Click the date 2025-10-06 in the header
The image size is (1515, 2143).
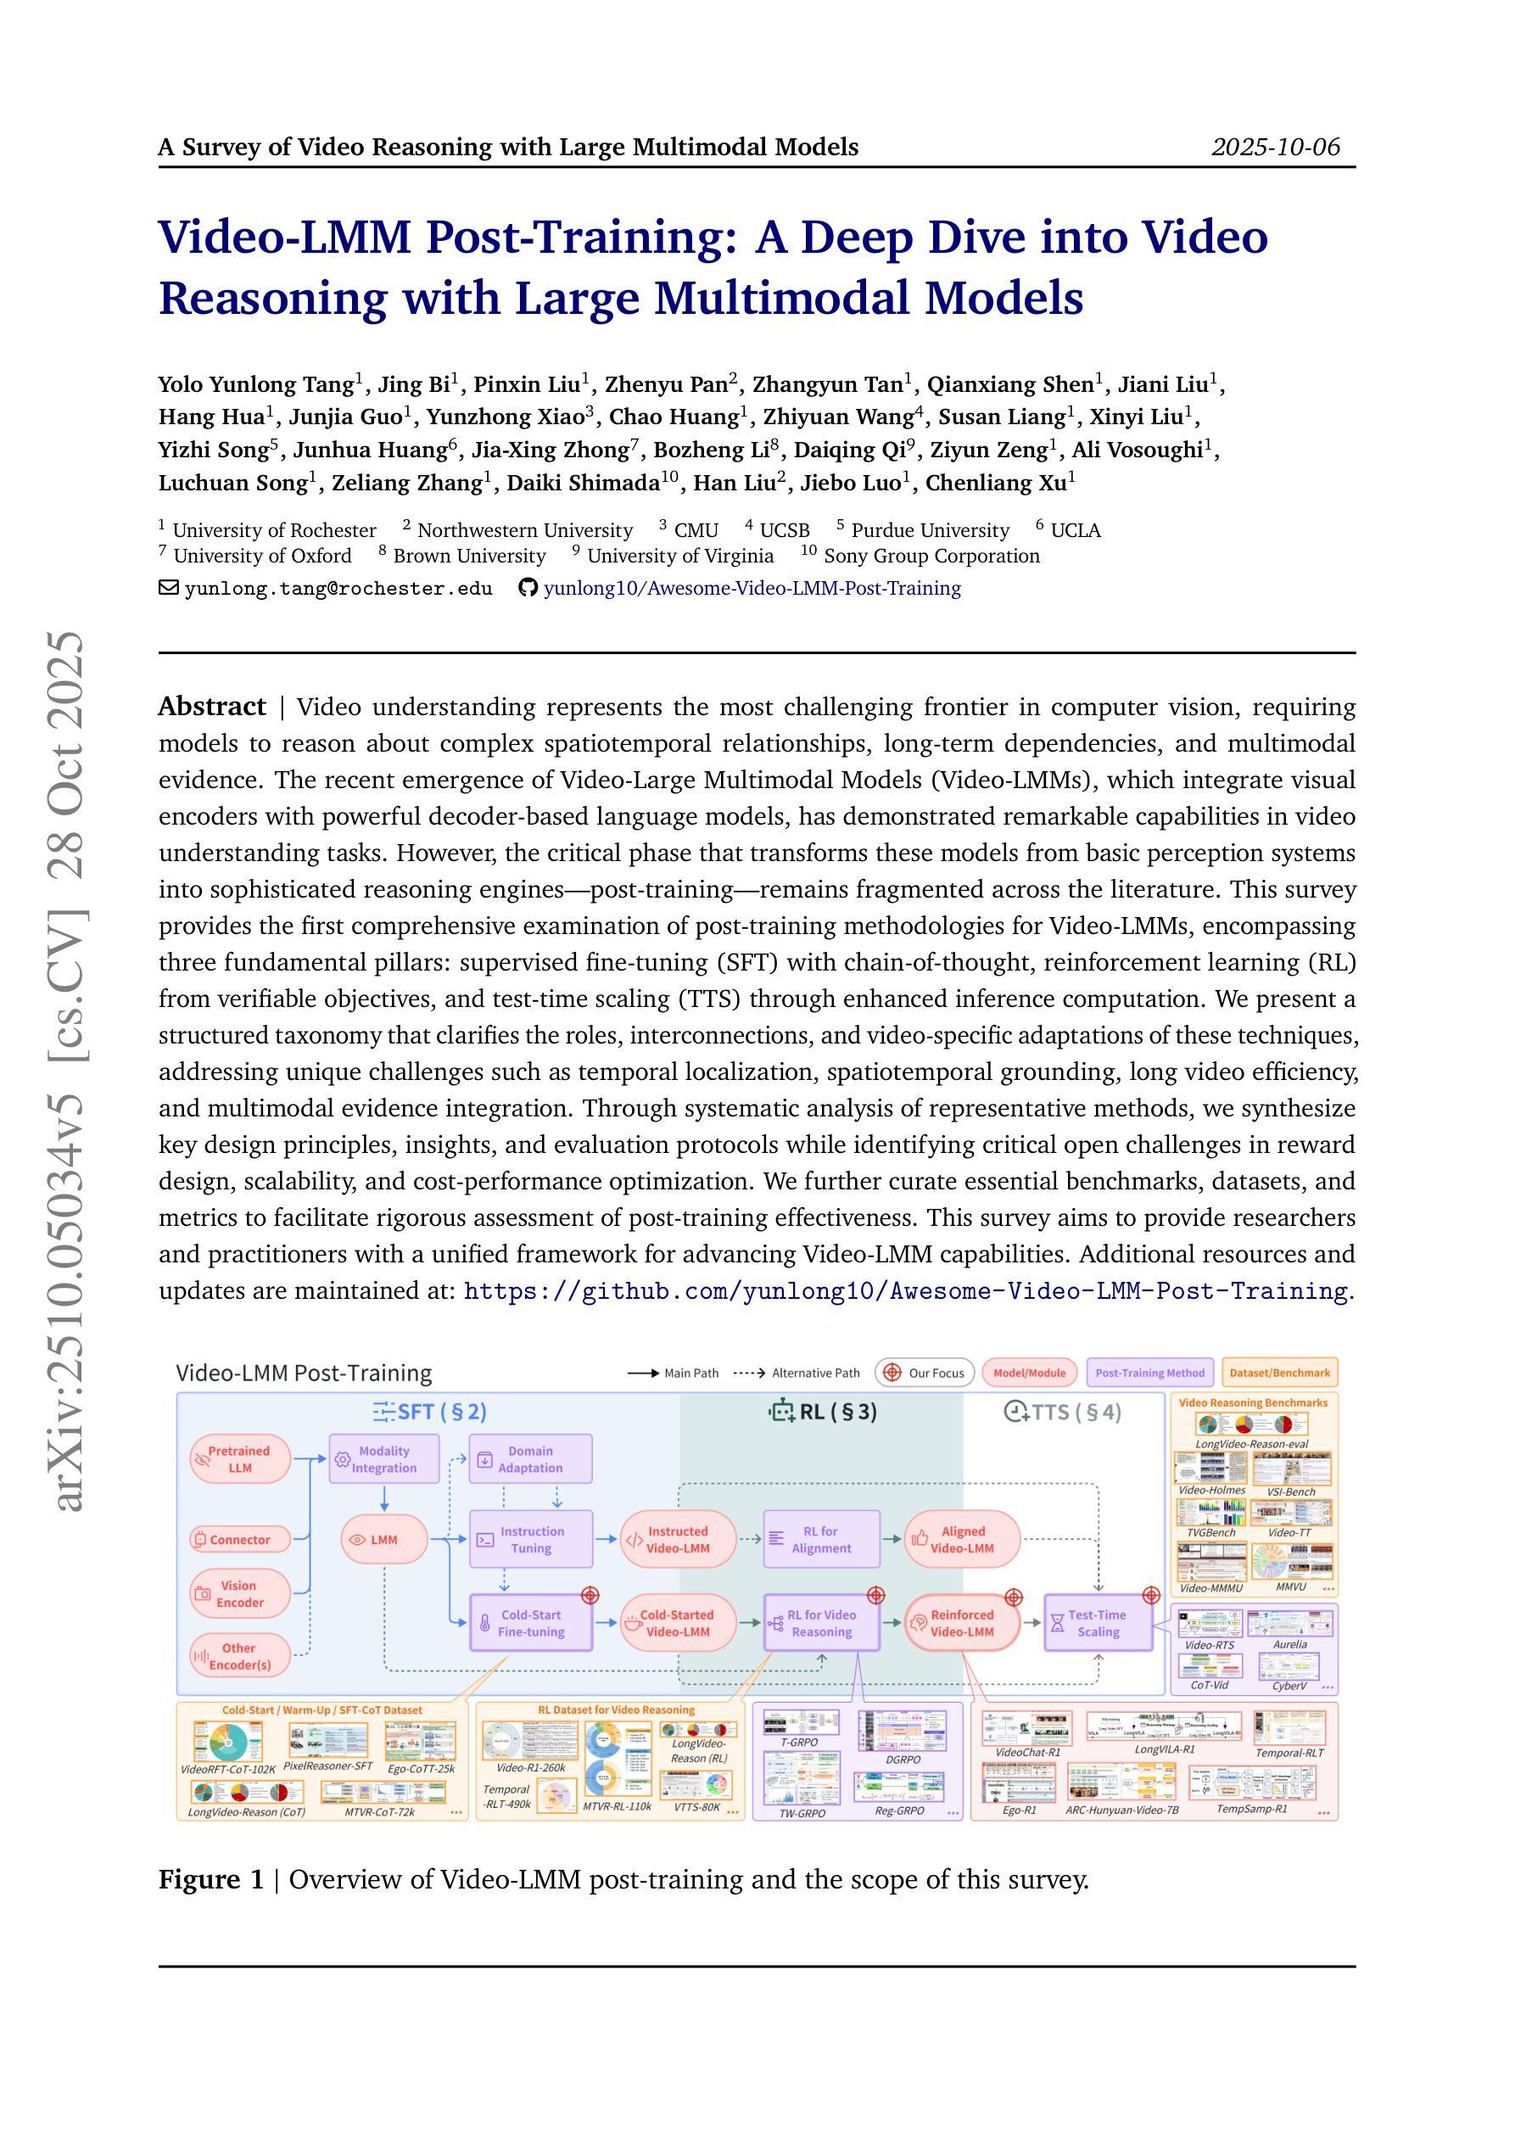point(1275,147)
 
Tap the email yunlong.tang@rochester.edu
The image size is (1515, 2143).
point(338,588)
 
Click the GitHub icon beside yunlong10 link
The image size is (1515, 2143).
point(528,588)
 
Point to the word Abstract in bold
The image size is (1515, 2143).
point(212,707)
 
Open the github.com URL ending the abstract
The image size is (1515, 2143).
point(905,1291)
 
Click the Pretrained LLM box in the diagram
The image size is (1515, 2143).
point(239,1459)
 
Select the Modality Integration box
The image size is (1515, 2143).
point(383,1459)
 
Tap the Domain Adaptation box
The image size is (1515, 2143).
point(530,1459)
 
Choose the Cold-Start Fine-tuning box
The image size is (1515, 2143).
point(530,1623)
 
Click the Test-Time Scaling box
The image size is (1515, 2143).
point(1098,1623)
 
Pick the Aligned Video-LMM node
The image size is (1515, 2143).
point(963,1539)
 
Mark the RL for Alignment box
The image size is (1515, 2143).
point(821,1539)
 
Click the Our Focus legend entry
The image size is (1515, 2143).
point(925,1373)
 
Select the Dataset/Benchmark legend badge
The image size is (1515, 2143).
point(1279,1373)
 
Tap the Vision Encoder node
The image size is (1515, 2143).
point(239,1593)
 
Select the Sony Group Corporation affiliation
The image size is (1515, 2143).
point(931,557)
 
